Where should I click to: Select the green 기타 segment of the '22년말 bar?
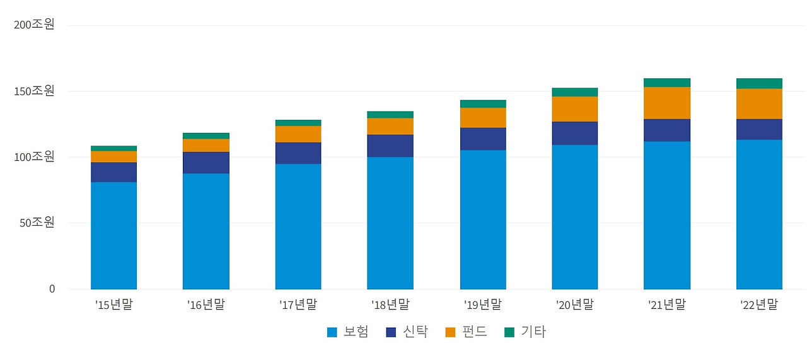[759, 83]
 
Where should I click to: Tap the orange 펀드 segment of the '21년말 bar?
[666, 103]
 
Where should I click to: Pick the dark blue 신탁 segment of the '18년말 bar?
[390, 146]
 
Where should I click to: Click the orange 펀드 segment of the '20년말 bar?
[574, 109]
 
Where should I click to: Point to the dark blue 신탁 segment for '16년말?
[206, 163]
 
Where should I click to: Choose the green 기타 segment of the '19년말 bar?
[483, 103]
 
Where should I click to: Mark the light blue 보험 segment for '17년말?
[298, 226]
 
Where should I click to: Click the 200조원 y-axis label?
[35, 24]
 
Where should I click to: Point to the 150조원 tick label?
[35, 90]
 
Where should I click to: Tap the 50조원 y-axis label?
[37, 223]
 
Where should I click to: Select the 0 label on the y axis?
[52, 289]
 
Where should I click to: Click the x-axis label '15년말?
[114, 305]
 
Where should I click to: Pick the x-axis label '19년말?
[482, 305]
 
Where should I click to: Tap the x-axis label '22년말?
[759, 305]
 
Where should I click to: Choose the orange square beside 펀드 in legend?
[450, 332]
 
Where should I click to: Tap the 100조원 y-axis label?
[35, 156]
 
